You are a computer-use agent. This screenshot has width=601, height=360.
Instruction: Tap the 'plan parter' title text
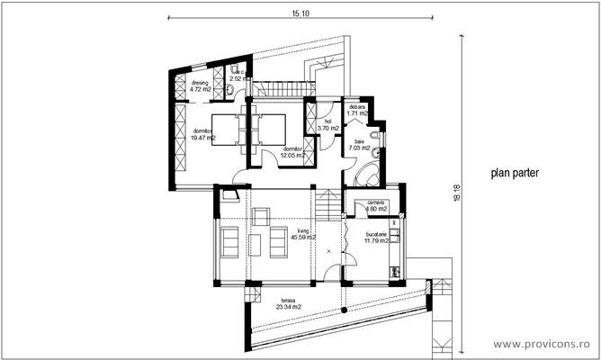click(x=516, y=176)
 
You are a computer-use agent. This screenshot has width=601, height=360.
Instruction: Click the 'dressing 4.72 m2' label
click(x=201, y=86)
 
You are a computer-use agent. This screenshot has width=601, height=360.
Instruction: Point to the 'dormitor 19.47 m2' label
click(x=202, y=135)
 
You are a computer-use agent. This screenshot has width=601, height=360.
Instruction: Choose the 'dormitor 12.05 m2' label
click(x=292, y=152)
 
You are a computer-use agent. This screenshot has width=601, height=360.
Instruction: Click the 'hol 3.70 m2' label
click(x=328, y=124)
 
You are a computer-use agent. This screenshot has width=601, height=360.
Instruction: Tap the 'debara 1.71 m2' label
click(x=357, y=111)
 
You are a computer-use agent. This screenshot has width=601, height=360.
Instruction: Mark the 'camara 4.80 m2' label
click(x=375, y=206)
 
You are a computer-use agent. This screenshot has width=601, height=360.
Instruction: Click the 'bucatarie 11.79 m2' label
click(x=375, y=238)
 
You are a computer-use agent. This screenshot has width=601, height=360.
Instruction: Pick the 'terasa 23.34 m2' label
click(x=263, y=303)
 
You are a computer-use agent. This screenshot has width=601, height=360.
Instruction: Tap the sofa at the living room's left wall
click(x=228, y=241)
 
